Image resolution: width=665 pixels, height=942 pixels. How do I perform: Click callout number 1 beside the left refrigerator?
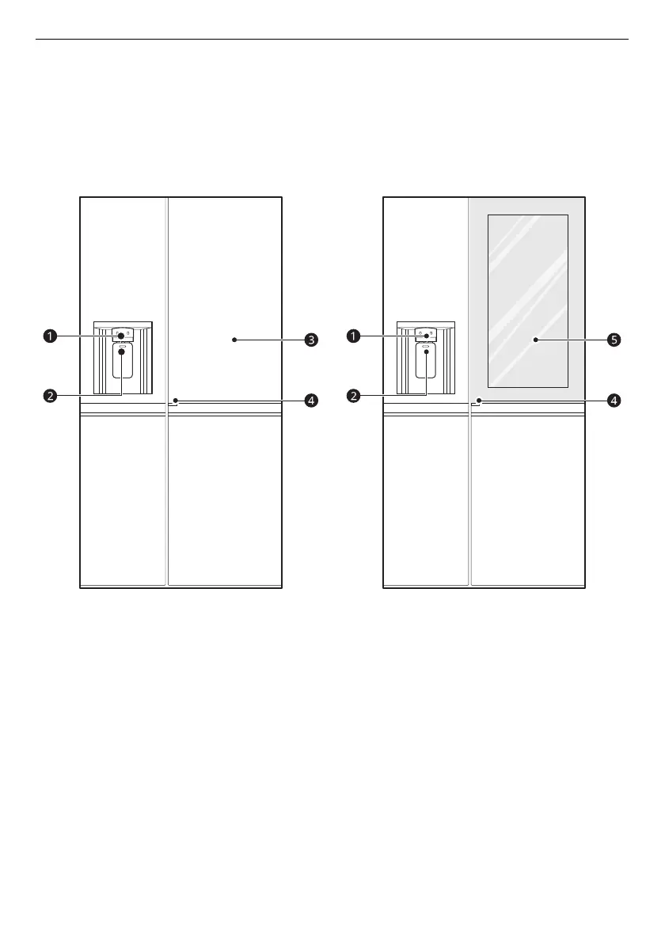point(50,336)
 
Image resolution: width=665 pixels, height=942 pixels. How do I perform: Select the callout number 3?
point(312,340)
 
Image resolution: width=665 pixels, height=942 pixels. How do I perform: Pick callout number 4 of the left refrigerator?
point(312,401)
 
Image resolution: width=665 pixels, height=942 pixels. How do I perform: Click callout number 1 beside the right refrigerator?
point(352,336)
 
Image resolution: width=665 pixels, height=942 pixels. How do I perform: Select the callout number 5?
point(614,340)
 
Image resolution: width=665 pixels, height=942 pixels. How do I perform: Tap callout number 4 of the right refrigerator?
point(614,401)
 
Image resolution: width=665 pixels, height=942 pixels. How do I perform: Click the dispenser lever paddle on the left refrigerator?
point(122,362)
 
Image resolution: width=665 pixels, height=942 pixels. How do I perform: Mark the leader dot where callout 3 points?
point(234,340)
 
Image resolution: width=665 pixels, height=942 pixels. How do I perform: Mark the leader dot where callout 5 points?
point(536,340)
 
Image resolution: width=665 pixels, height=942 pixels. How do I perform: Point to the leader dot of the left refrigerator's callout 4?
point(175,401)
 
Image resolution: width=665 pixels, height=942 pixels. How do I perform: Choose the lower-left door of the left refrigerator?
point(123,503)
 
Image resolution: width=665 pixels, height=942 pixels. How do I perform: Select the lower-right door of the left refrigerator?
point(226,503)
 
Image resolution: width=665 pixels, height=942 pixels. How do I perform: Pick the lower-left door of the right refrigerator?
point(426,503)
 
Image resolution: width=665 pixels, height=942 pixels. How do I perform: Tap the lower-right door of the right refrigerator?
point(528,503)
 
